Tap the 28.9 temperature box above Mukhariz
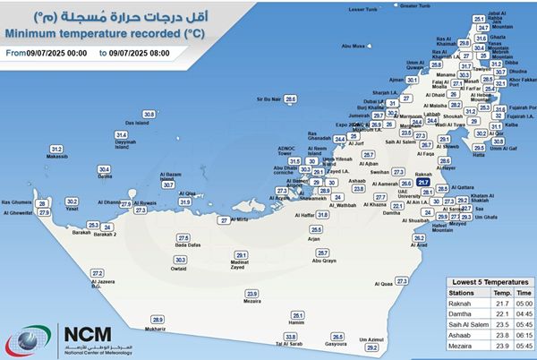point(158,320)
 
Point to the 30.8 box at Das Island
point(149,115)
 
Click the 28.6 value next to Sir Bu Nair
point(290,99)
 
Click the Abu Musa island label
point(353,46)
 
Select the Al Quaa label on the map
point(387,284)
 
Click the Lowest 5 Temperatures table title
point(486,281)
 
